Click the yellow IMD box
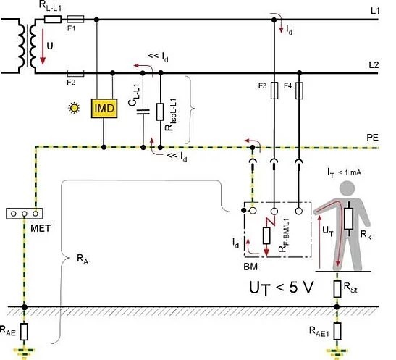104,109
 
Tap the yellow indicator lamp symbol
74,108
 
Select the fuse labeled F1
75,19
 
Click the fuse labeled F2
75,73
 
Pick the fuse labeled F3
274,91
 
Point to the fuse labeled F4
299,91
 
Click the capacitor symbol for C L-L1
143,112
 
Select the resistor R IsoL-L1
160,112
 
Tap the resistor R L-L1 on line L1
53,20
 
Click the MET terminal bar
24,214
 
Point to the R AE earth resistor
24,332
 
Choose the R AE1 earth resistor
337,331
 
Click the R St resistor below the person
337,289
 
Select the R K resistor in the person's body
349,219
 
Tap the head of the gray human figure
347,189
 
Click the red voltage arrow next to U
43,46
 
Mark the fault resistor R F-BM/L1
266,235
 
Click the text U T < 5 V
281,288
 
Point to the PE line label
373,138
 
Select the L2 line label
374,65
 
